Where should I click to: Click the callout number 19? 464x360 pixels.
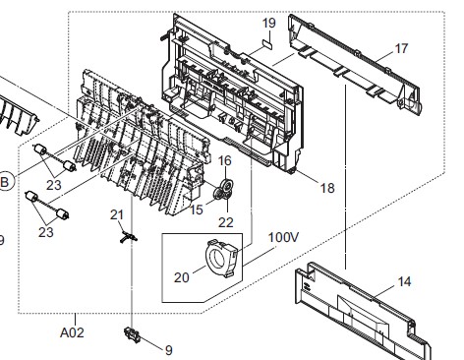(269, 23)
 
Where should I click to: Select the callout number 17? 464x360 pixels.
(402, 48)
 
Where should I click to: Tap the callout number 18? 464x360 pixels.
(327, 188)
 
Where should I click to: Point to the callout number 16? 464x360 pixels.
(225, 160)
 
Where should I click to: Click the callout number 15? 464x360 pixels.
(197, 210)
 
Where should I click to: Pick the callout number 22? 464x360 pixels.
(226, 222)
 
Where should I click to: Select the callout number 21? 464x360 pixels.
(117, 215)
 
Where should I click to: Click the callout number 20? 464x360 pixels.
(182, 277)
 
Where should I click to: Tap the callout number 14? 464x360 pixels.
(404, 281)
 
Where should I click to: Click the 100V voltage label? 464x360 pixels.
(283, 237)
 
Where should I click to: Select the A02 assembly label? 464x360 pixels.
(72, 332)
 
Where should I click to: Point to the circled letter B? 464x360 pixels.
(5, 182)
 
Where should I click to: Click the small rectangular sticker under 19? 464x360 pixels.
(267, 44)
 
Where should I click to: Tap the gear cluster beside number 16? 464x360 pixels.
(223, 190)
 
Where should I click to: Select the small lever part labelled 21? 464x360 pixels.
(128, 236)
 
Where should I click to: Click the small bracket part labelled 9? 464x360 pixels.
(133, 335)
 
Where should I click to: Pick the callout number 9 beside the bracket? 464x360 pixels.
(169, 350)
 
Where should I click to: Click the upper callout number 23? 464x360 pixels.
(54, 185)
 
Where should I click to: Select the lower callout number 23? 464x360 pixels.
(46, 232)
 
